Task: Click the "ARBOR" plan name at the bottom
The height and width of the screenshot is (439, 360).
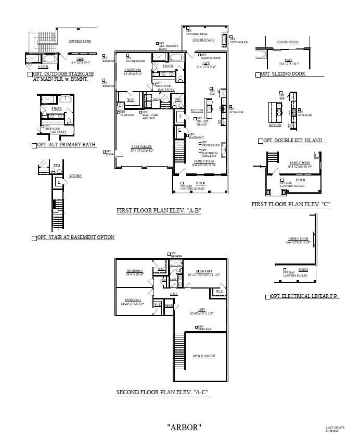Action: pyautogui.click(x=184, y=427)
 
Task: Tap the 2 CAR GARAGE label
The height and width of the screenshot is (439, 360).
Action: pyautogui.click(x=142, y=148)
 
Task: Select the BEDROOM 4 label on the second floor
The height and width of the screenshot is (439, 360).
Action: pyautogui.click(x=204, y=271)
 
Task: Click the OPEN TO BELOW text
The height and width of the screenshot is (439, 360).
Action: pyautogui.click(x=203, y=356)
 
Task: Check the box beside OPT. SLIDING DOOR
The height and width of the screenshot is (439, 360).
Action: pyautogui.click(x=258, y=74)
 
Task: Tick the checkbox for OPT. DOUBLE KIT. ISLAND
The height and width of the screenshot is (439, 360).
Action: pyautogui.click(x=260, y=141)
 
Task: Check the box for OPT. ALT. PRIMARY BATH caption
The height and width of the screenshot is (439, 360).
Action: pyautogui.click(x=34, y=145)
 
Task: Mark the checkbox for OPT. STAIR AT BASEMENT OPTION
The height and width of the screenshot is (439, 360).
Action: pyautogui.click(x=34, y=237)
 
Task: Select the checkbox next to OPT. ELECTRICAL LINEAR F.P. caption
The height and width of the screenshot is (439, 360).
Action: pyautogui.click(x=267, y=296)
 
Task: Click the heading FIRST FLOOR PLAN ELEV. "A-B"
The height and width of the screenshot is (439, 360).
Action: pyautogui.click(x=159, y=211)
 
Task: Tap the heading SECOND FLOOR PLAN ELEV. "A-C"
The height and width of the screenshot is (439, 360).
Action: pyautogui.click(x=162, y=392)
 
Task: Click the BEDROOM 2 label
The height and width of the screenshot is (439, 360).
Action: pyautogui.click(x=135, y=271)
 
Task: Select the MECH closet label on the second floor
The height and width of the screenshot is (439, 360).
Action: pyautogui.click(x=169, y=306)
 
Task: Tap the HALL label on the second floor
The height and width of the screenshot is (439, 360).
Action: pyautogui.click(x=174, y=294)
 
